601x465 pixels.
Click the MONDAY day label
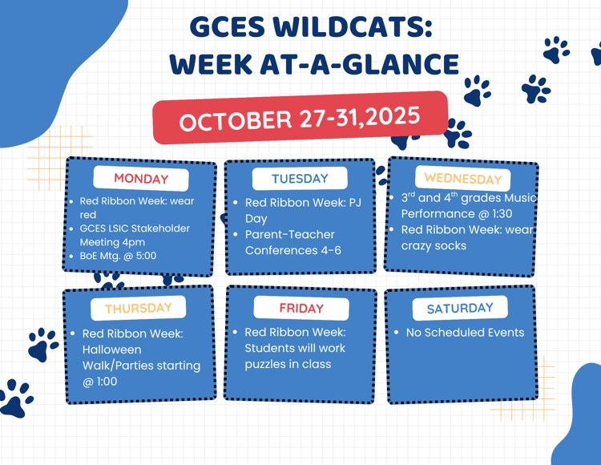[141, 179]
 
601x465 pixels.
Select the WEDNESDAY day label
[462, 178]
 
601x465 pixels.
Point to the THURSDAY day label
[138, 308]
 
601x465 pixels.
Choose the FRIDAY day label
[301, 309]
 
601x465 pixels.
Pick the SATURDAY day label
[460, 309]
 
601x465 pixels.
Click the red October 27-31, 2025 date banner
[300, 118]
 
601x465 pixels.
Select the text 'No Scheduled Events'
[465, 333]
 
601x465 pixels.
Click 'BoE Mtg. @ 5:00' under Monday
[118, 256]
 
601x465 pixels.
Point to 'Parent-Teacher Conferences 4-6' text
[292, 242]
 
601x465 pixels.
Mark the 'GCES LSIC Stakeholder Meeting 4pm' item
[135, 235]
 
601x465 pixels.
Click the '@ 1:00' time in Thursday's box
[99, 382]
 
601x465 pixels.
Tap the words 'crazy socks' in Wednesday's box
[434, 246]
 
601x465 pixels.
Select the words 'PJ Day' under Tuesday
[256, 219]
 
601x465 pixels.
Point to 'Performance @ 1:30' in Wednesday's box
[456, 214]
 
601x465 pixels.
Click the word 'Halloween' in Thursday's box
[111, 350]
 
